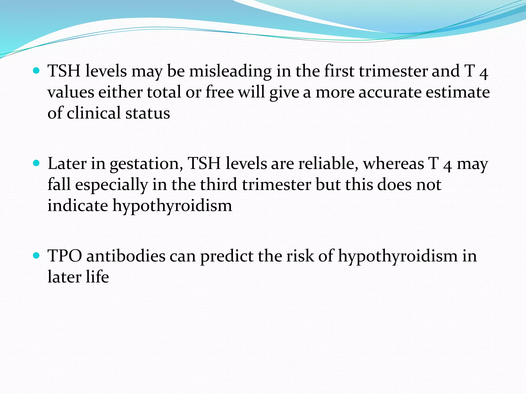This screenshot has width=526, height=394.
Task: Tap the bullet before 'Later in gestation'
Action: pyautogui.click(x=36, y=163)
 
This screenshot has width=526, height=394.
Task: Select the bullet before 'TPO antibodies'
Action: pyautogui.click(x=36, y=255)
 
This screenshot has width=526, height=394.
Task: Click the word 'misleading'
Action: pyautogui.click(x=230, y=71)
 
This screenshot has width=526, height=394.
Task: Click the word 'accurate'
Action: pyautogui.click(x=390, y=92)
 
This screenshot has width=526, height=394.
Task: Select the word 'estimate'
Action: pyautogui.click(x=458, y=92)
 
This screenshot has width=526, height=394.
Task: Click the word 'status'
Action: pyautogui.click(x=148, y=113)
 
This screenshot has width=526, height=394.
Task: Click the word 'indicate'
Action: pyautogui.click(x=78, y=206)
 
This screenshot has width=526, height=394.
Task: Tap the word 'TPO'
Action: pyautogui.click(x=65, y=256)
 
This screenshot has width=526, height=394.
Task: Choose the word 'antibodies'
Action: pyautogui.click(x=126, y=256)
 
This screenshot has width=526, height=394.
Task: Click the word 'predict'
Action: pyautogui.click(x=227, y=257)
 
